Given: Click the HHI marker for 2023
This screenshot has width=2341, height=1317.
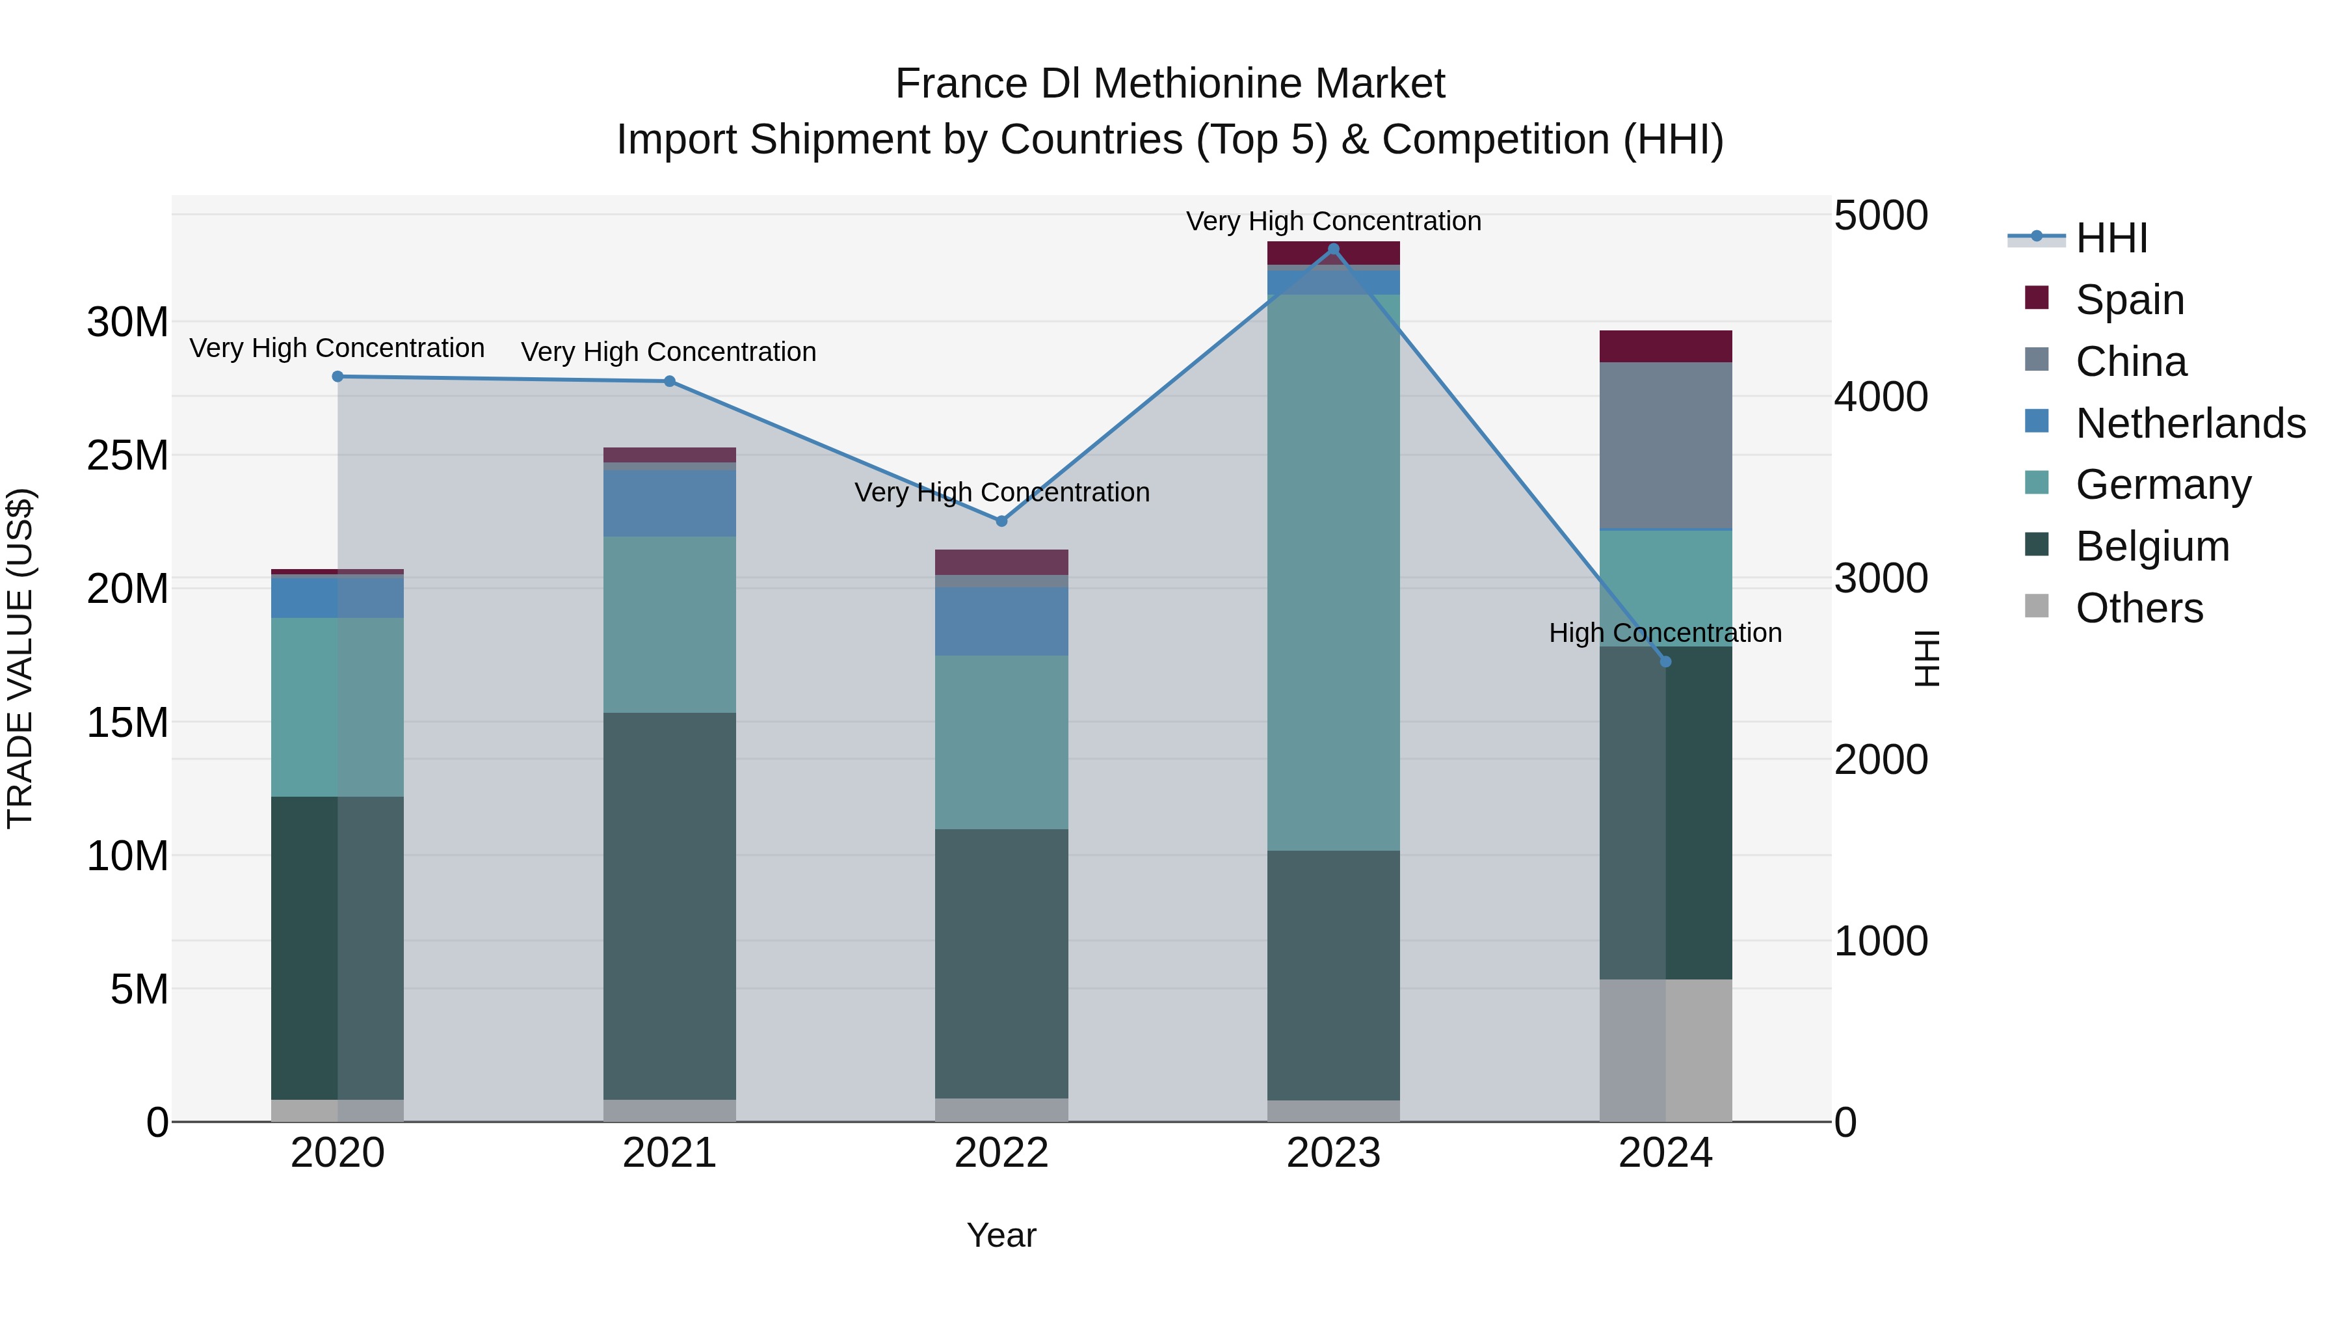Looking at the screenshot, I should (1333, 249).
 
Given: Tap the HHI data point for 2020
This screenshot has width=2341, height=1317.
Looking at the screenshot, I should (337, 377).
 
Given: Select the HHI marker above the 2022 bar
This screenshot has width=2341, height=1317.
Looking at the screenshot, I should (1001, 521).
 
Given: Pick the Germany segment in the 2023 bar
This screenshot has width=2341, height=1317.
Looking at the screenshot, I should (1333, 572).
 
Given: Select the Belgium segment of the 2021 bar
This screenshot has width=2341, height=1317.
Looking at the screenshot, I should (670, 906).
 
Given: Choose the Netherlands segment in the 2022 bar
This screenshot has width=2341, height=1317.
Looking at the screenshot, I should (1001, 622).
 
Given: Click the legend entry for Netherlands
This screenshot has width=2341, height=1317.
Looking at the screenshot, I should (2190, 423).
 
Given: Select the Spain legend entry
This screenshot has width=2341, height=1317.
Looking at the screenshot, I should (2129, 300).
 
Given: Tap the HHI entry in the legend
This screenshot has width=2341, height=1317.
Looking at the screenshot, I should (2111, 238).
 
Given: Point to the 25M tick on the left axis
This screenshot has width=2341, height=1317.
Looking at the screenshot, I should (127, 455).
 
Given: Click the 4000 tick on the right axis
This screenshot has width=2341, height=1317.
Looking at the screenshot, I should (1880, 397).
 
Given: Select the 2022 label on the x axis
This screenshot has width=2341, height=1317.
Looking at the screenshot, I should (1001, 1153).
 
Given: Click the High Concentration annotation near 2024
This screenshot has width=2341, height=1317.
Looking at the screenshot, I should (1665, 633).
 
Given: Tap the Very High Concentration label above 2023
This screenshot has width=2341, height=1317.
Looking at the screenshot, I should (1333, 221).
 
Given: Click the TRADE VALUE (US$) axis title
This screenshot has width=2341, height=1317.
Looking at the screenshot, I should (20, 659).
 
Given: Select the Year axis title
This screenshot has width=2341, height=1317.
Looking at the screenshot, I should (1001, 1235).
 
